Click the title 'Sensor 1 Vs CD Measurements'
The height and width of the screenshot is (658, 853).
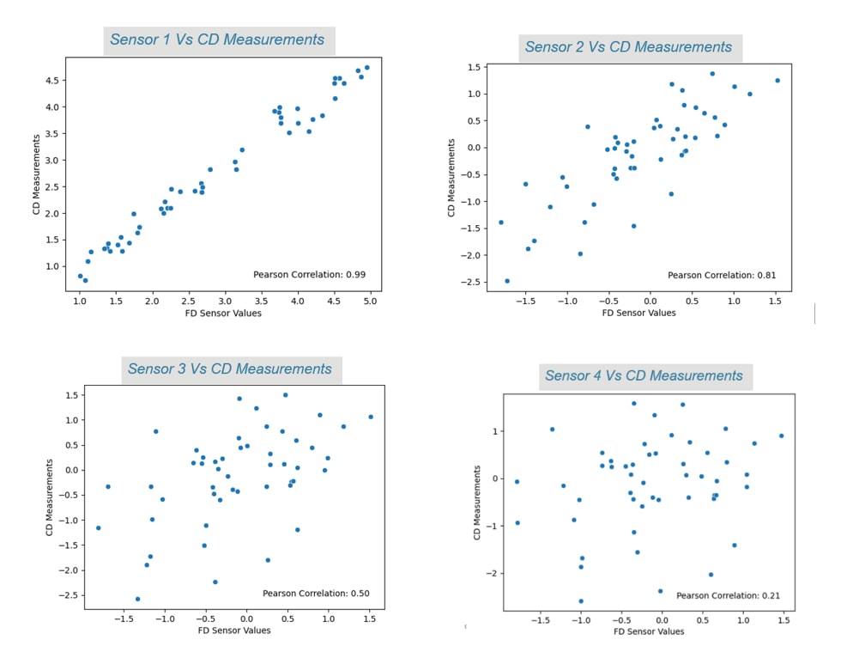point(217,40)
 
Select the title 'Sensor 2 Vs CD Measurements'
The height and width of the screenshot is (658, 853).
point(629,46)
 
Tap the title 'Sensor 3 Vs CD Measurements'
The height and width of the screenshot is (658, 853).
point(229,369)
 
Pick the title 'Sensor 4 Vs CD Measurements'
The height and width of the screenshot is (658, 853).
point(644,375)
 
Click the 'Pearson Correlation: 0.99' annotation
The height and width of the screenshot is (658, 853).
point(310,274)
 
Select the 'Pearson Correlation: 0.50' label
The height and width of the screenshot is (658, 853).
point(316,593)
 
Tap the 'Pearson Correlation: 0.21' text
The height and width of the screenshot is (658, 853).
point(729,595)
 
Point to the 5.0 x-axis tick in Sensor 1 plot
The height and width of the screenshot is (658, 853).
point(370,302)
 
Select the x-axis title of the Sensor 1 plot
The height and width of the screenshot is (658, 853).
point(224,314)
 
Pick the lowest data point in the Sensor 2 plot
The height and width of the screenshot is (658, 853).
point(507,281)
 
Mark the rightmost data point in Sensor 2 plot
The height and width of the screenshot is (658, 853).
point(777,81)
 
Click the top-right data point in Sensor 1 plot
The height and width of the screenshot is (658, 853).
point(366,67)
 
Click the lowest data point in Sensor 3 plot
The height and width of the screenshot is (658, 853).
point(137,599)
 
